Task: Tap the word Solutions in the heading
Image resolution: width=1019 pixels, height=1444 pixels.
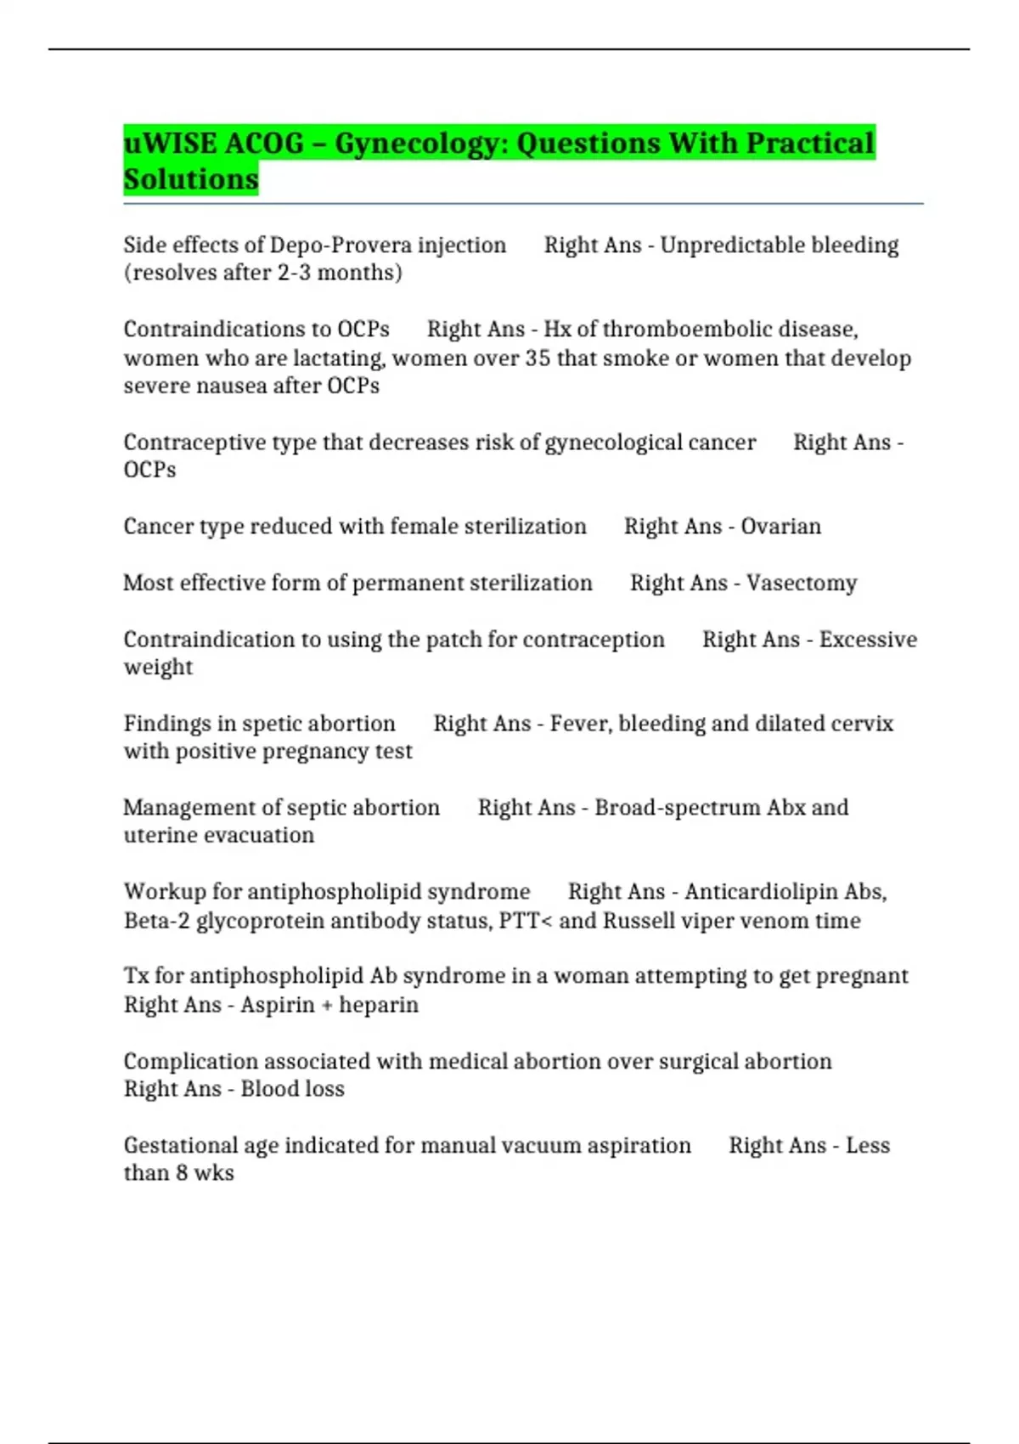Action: pos(191,179)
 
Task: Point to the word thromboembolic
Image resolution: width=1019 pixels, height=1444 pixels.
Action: pos(687,330)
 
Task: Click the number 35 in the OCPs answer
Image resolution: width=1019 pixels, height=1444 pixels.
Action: pos(538,358)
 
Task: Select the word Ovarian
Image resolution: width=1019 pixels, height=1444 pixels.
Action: pos(780,527)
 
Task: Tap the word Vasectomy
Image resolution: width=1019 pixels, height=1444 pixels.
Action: pos(801,584)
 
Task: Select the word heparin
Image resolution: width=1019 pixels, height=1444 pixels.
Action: pos(379,1005)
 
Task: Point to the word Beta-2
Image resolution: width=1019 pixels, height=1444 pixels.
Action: pos(156,921)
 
